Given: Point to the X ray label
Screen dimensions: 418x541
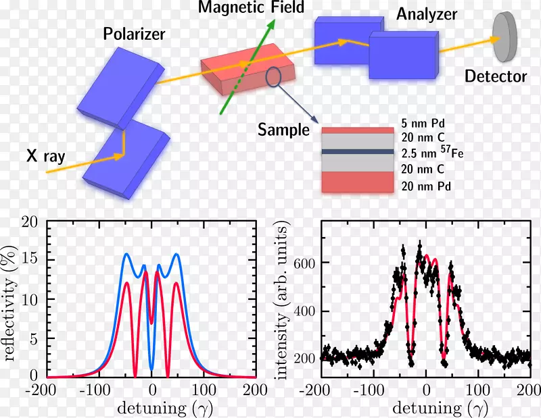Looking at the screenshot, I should tap(47, 157).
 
